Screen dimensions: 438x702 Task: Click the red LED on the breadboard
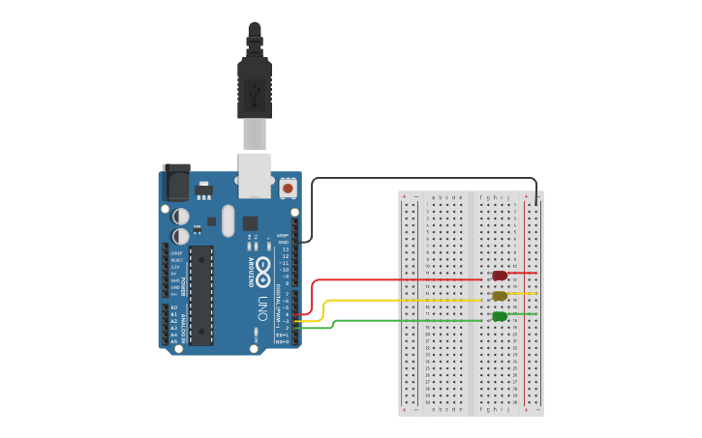[x=500, y=276]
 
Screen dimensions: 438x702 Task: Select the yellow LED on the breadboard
[x=500, y=296]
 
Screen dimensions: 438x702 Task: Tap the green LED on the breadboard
[x=500, y=316]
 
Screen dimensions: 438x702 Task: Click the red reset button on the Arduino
[x=288, y=188]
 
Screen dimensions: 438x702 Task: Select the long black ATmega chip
[x=200, y=294]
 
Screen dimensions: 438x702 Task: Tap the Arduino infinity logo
[x=262, y=271]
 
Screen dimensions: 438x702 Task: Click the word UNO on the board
[x=262, y=309]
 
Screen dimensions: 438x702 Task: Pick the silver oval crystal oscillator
[x=228, y=220]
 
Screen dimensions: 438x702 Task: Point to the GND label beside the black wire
[x=284, y=242]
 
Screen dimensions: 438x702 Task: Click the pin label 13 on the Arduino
[x=285, y=248]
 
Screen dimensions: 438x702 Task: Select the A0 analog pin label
[x=174, y=307]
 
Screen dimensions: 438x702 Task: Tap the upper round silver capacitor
[x=181, y=217]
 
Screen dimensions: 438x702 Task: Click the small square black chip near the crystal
[x=251, y=222]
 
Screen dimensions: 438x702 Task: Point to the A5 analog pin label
[x=174, y=341]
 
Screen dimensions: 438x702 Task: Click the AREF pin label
[x=283, y=235]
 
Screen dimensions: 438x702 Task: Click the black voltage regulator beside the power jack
[x=203, y=189]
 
